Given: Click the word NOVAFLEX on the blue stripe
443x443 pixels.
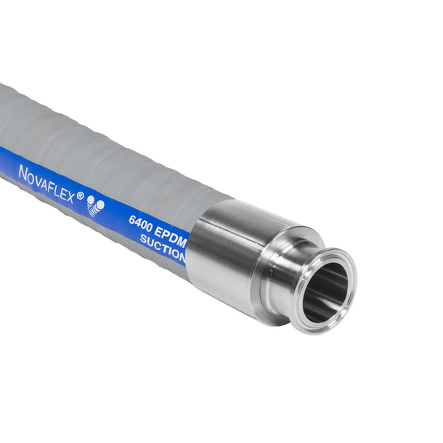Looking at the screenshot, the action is point(47,184).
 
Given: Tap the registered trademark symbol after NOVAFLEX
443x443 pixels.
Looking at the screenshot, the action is point(81,195).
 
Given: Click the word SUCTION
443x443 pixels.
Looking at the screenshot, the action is point(163,248).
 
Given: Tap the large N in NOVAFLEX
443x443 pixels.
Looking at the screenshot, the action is point(23,173).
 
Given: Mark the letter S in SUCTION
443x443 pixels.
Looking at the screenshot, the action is point(144,239).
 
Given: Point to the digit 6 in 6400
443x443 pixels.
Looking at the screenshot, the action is point(132,219).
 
